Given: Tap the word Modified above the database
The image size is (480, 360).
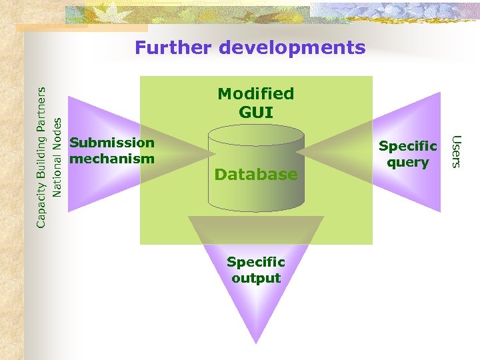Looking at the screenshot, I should coord(256,94).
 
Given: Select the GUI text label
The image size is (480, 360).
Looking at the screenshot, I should coord(256,112).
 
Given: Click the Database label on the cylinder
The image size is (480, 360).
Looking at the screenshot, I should coord(256,175).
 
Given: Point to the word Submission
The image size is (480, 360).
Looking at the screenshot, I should coord(112,143).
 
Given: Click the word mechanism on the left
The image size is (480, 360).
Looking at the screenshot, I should coord(112,159).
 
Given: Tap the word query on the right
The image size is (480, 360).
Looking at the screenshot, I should coord(408,162).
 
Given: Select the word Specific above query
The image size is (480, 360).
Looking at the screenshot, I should coord(408,146).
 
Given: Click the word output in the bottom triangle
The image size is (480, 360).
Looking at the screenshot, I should coord(256,278).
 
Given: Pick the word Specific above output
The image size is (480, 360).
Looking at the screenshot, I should coord(256,262).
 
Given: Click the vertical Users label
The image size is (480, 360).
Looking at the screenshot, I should coord(456,151).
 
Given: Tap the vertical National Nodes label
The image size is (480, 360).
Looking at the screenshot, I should coord(57,157).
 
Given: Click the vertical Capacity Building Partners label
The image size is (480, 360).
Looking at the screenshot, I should coord(41,157).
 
